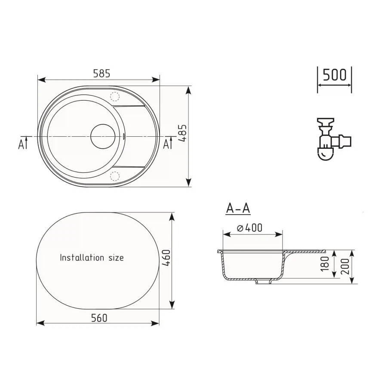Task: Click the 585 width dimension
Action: pos(101,73)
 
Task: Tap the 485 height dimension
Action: pos(183,133)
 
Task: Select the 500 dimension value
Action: pos(335,75)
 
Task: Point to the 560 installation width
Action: pos(99,318)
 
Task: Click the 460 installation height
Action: pos(166,258)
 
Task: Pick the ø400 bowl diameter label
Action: pos(249,228)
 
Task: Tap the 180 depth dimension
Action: pos(325,264)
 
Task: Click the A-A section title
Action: pos(238,209)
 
